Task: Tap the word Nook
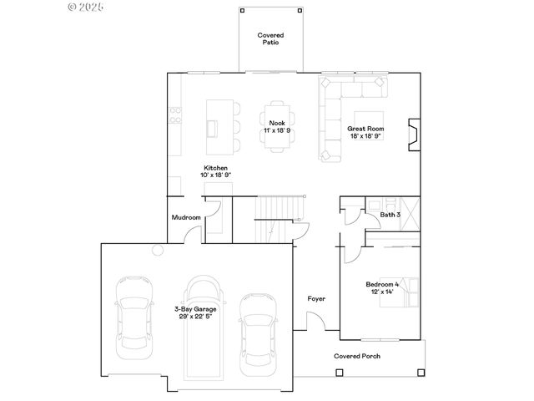click(276, 123)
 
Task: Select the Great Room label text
click(365, 128)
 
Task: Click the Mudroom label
click(186, 218)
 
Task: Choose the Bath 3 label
click(390, 215)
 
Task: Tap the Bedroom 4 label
click(382, 285)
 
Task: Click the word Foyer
click(316, 298)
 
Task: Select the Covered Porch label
click(357, 356)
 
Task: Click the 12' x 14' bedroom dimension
click(382, 292)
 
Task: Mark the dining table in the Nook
click(276, 128)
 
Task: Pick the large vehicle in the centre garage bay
click(204, 326)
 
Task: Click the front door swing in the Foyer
click(316, 321)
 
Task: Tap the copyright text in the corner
click(86, 7)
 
